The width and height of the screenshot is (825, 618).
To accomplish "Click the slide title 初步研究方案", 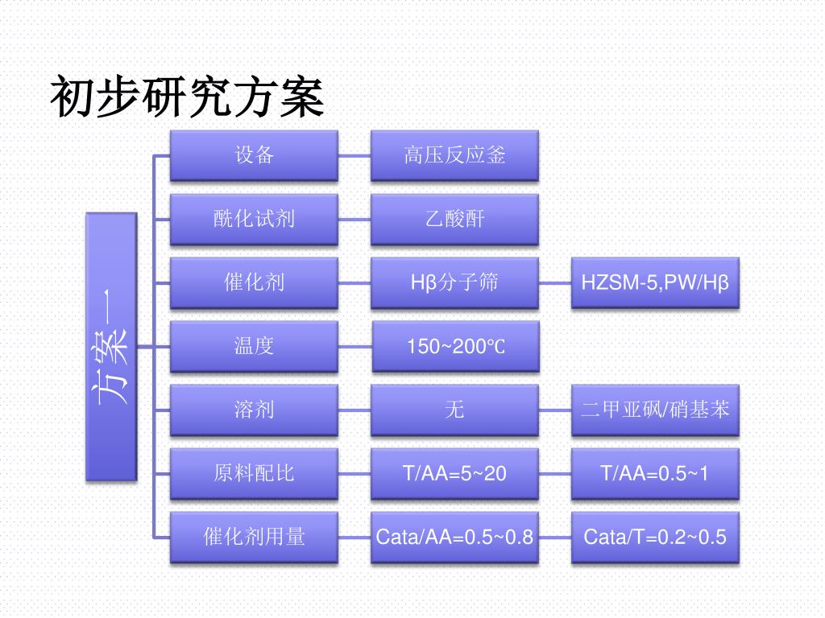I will click(187, 98).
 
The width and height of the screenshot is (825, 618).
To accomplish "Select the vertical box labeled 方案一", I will click(111, 346).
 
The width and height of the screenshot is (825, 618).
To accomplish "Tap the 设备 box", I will click(254, 155).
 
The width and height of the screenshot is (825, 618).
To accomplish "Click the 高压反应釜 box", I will click(454, 155).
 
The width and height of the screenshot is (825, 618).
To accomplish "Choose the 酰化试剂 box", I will click(254, 219).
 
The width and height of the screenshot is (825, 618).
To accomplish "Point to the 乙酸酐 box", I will click(454, 219).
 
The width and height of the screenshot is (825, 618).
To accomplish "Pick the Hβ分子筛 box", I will click(454, 282).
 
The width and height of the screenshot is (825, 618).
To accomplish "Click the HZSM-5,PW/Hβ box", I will click(655, 282).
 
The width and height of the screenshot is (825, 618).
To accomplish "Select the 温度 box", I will click(254, 346).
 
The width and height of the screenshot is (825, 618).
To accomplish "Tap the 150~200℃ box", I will click(455, 347).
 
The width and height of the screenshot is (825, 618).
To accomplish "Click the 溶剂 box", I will click(254, 410).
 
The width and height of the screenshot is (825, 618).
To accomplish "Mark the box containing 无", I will click(454, 410).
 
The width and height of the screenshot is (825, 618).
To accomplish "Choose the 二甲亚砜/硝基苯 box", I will click(655, 410).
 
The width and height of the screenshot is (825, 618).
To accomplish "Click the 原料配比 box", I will click(254, 473).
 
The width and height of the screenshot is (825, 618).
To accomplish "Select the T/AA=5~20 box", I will click(454, 473).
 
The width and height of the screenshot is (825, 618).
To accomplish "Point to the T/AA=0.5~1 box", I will click(655, 473).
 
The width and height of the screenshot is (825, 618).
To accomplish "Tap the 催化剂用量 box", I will click(254, 537).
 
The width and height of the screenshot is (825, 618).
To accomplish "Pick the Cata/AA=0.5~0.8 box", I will click(454, 537).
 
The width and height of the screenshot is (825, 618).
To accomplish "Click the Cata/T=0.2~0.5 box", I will click(655, 537).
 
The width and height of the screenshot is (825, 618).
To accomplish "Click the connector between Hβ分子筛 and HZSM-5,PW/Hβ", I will click(555, 282).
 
